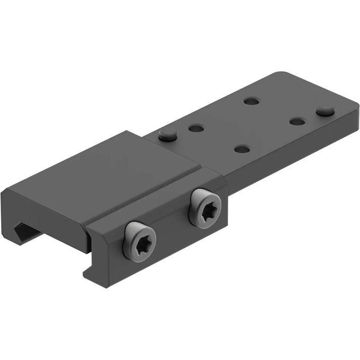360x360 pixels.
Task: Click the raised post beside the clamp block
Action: point(167,134)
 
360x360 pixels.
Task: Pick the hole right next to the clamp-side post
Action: point(196,128)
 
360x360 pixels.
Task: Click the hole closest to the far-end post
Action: point(298,121)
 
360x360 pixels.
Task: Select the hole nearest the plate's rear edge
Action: point(251,101)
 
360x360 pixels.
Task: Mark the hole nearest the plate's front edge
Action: point(243,149)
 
